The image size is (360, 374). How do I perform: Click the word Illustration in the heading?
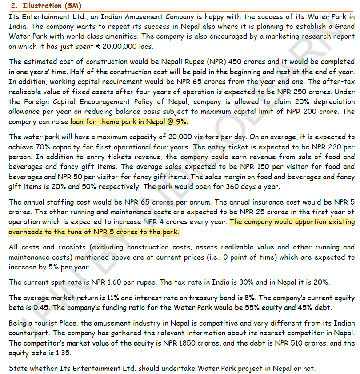[39, 6]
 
